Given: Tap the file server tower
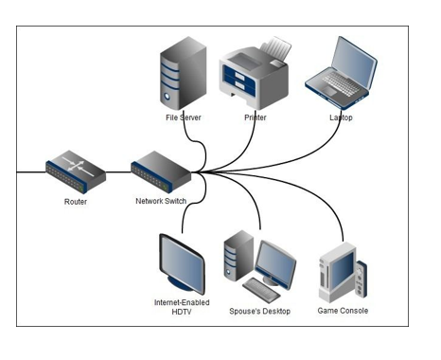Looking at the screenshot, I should pyautogui.click(x=181, y=75).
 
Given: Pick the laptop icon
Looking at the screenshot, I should pyautogui.click(x=340, y=71).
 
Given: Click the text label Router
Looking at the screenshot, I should pyautogui.click(x=76, y=202).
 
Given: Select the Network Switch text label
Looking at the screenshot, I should pyautogui.click(x=160, y=202).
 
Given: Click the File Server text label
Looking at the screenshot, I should pyautogui.click(x=182, y=117).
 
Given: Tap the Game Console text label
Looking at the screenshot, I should pyautogui.click(x=344, y=311).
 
